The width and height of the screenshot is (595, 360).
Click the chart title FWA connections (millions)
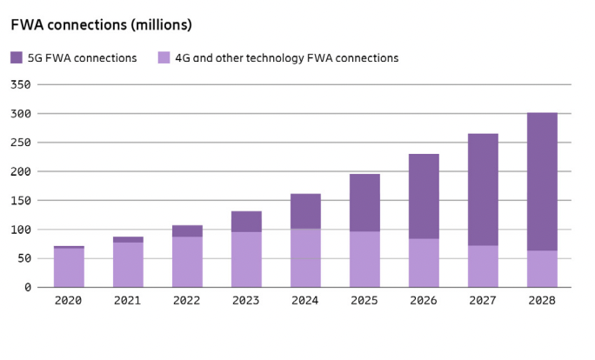102,25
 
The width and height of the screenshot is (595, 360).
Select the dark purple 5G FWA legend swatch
17,58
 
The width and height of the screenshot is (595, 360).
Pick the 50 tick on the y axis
26,258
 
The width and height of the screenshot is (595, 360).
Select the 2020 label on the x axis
69,301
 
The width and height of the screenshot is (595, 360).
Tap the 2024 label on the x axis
305,301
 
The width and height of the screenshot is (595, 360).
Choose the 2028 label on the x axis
542,301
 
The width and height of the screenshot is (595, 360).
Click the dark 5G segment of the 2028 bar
542,182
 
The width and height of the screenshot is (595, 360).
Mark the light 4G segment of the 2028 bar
542,269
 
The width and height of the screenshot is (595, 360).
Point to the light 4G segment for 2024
305,257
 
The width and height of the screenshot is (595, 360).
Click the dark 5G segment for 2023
246,222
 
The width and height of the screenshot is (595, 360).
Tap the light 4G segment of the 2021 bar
128,264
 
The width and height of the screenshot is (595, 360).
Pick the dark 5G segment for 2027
483,190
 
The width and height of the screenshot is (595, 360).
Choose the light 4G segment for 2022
187,262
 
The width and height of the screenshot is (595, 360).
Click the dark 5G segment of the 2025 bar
364,203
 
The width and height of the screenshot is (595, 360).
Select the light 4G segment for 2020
69,268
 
